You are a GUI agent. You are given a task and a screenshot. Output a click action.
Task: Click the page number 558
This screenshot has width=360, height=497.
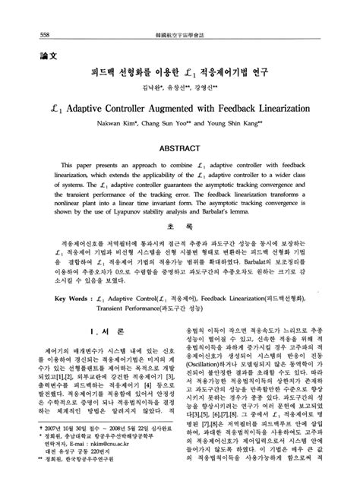click(x=23, y=13)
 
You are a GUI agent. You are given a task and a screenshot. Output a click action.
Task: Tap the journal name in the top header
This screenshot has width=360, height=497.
click(x=181, y=13)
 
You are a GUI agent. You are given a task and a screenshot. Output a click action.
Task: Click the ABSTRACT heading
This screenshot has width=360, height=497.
click(x=180, y=147)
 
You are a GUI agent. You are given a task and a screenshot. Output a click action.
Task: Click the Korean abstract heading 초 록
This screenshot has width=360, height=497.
click(x=179, y=247)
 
